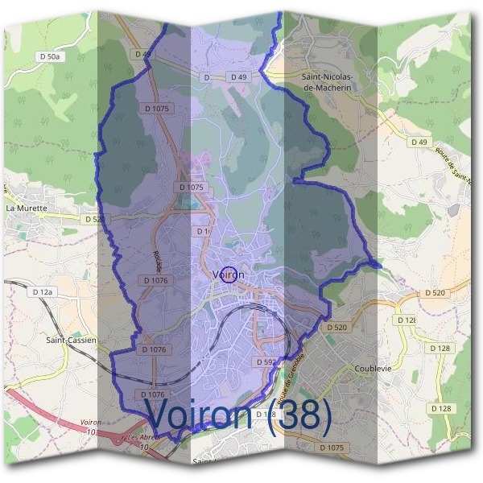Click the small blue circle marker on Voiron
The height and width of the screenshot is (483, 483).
click(229, 275)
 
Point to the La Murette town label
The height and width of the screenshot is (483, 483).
click(27, 208)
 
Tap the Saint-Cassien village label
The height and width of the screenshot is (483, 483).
click(71, 341)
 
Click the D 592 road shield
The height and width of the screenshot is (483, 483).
click(267, 363)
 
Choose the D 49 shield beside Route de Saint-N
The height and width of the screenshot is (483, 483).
click(418, 142)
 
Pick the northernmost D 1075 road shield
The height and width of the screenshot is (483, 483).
click(158, 109)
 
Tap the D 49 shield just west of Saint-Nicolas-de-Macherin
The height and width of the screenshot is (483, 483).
click(237, 76)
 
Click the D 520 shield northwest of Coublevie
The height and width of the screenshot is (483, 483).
click(336, 328)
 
